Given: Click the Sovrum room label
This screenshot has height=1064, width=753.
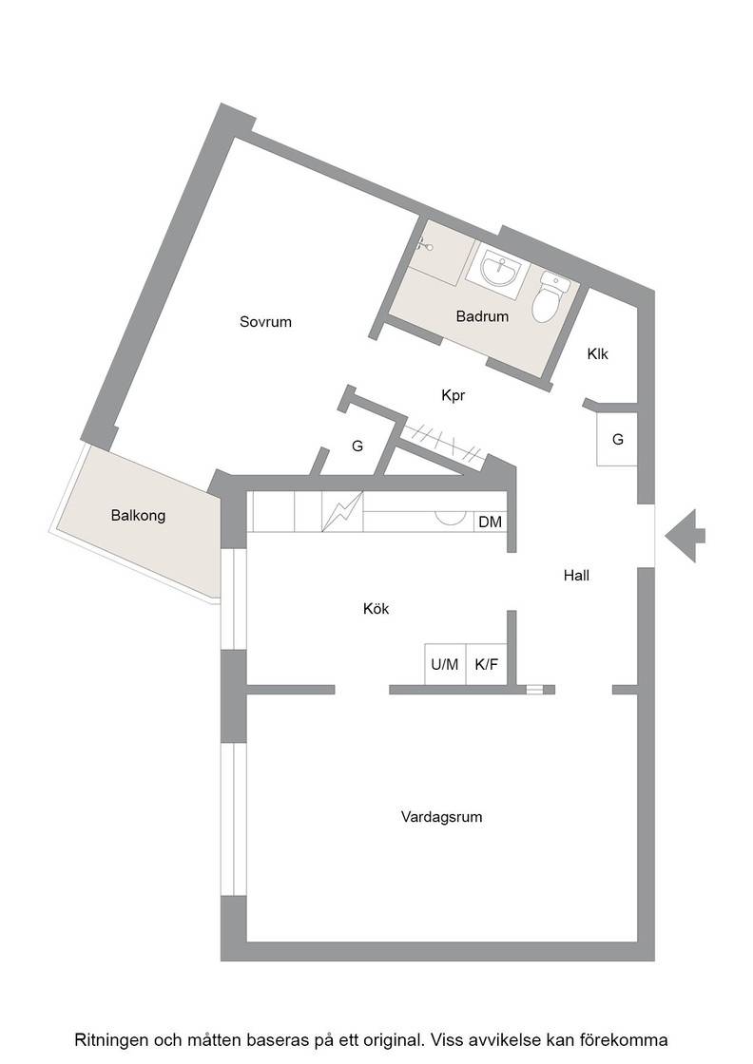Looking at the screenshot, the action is tap(265, 322).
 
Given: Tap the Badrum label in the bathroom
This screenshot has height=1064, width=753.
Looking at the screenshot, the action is tap(482, 316).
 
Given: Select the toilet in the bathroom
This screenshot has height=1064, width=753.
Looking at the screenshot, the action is tap(549, 297).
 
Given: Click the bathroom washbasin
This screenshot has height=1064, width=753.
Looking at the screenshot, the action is tap(500, 270).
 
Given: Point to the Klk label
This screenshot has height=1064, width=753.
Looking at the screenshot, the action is tap(597, 354).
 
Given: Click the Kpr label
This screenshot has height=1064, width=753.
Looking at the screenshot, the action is tap(453, 395).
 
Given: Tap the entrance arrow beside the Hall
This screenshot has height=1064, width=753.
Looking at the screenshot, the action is tap(685, 536).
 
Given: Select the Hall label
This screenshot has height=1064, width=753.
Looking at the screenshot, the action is tap(576, 576).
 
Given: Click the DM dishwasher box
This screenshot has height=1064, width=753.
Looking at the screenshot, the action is tap(491, 522).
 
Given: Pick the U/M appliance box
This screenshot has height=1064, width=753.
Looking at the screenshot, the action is tap(445, 664).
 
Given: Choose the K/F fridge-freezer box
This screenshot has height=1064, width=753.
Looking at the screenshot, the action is tap(486, 664).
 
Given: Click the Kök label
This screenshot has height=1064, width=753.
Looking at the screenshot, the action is tap(376, 609).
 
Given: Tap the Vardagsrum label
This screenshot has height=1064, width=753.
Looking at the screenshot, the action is tap(441, 817).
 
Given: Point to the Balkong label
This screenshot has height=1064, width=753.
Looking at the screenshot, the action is tap(138, 516).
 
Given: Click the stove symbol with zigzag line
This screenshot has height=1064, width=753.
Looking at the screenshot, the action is tap(342, 511).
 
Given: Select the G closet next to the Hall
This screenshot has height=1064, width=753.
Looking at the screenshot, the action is tap(617, 439).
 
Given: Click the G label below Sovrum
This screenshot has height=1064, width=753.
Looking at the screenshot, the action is tap(357, 446).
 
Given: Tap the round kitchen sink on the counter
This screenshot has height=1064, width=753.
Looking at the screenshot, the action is tap(449, 517).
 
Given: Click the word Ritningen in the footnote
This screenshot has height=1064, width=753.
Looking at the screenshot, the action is tap(110, 1040).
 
